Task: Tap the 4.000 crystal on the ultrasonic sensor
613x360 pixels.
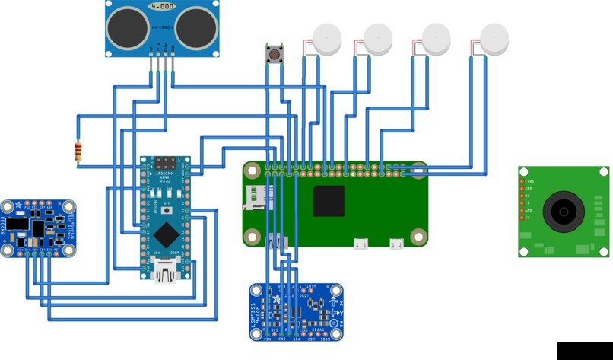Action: click(x=162, y=5)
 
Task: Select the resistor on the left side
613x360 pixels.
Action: click(x=77, y=152)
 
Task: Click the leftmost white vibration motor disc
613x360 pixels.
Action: click(x=328, y=38)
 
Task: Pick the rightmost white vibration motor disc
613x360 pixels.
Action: click(x=495, y=38)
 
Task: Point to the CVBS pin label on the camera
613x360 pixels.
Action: click(x=530, y=182)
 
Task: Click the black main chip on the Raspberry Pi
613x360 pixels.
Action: click(x=329, y=201)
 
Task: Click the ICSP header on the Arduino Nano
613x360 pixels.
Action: click(x=165, y=164)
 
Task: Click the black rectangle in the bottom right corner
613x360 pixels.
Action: click(x=583, y=351)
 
